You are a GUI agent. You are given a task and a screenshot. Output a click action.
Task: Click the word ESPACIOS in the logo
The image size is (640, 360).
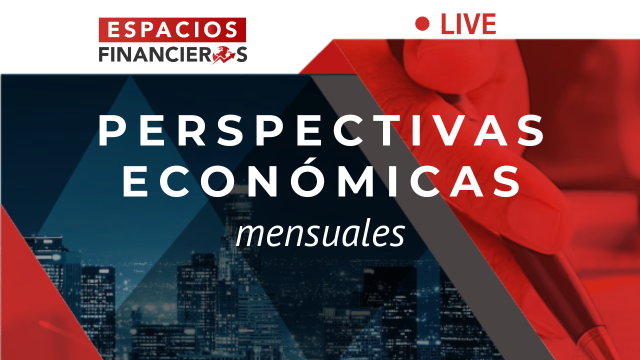[172, 29]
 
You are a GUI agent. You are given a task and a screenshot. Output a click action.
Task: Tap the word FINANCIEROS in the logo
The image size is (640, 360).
[173, 54]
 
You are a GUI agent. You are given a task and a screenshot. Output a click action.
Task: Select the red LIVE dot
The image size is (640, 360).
[422, 23]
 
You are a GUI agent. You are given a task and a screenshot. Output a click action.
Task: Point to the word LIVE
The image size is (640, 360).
[468, 24]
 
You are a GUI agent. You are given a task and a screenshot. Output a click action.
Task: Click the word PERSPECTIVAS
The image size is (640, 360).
[321, 131]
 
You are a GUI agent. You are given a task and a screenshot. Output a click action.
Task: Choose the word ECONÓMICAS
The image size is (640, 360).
[321, 181]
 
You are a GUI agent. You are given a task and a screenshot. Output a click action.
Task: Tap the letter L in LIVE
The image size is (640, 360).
[448, 24]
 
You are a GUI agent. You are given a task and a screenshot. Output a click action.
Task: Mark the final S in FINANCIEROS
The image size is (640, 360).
[241, 54]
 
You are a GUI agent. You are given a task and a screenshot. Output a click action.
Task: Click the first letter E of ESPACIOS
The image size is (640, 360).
[113, 29]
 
